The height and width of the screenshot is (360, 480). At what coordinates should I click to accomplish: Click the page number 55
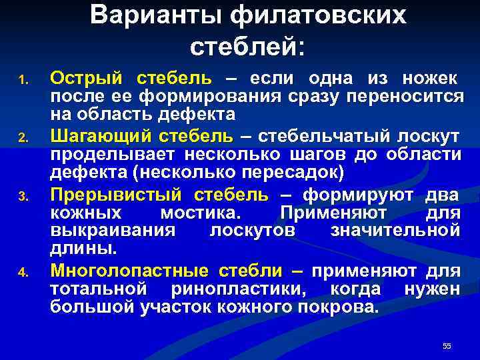(447, 345)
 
